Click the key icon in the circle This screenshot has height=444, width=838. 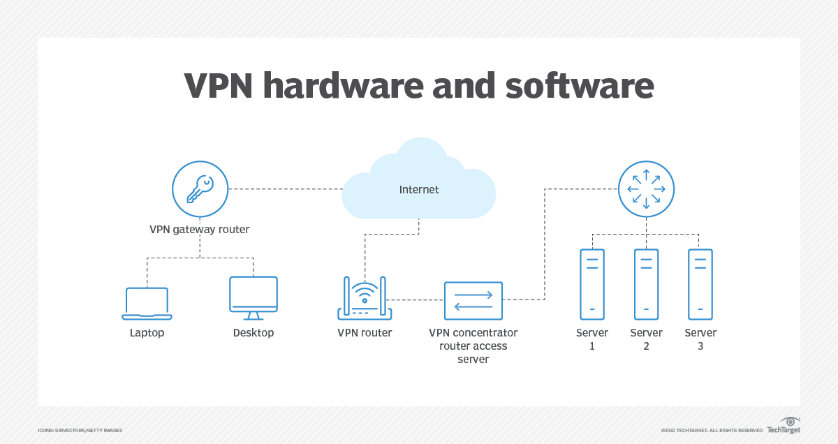tap(200, 188)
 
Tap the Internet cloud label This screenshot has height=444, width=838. tap(419, 189)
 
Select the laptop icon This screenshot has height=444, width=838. tap(147, 303)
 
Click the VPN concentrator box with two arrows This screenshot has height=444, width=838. tap(473, 300)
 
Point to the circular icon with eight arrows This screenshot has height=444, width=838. tap(646, 188)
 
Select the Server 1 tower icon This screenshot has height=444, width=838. tap(592, 283)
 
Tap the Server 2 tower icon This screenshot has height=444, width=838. tap(646, 283)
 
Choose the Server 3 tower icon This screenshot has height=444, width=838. tap(700, 283)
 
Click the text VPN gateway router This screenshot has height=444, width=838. tap(200, 229)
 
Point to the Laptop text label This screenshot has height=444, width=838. tap(147, 333)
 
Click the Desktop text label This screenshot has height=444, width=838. tap(253, 333)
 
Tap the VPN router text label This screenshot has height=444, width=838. tap(365, 333)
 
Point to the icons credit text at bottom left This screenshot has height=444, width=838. tap(80, 431)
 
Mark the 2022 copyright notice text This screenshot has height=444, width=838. tap(712, 431)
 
